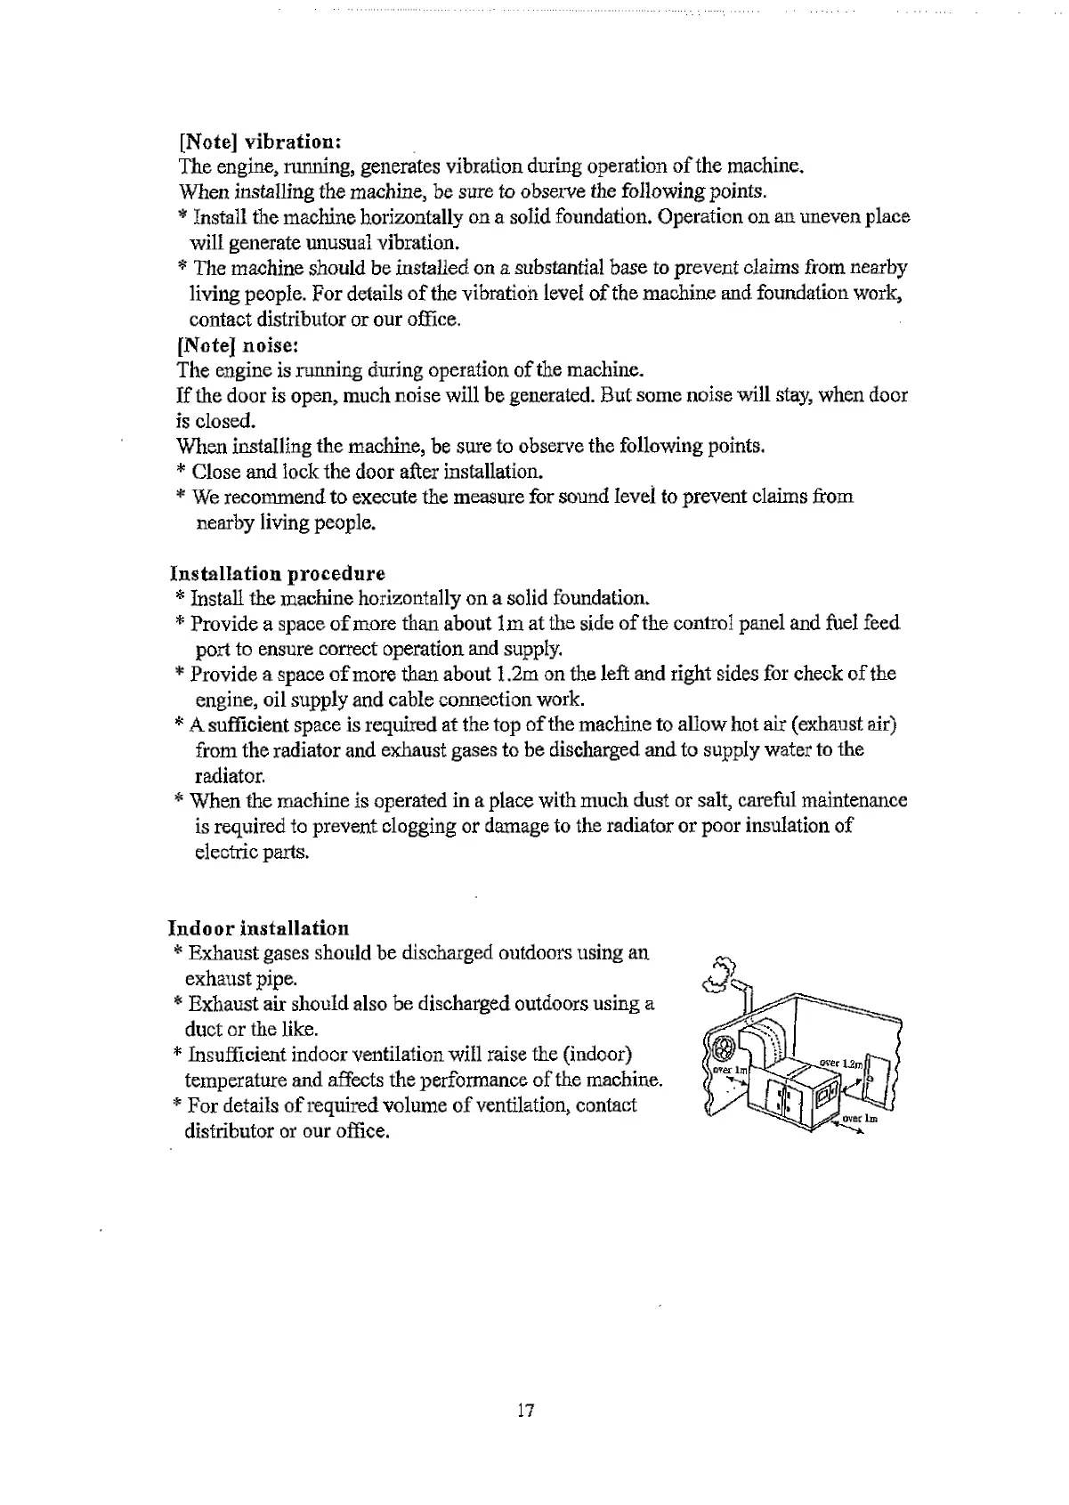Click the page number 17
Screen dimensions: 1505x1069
(x=525, y=1410)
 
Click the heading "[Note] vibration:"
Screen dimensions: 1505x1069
(x=260, y=142)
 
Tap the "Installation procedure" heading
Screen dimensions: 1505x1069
(x=277, y=572)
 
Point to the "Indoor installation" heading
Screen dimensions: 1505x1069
(x=258, y=928)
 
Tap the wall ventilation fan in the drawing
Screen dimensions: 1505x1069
(x=724, y=1046)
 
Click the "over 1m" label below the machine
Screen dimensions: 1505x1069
(x=859, y=1119)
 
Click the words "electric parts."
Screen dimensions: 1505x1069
(x=252, y=852)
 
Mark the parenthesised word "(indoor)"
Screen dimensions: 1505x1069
(x=597, y=1055)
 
